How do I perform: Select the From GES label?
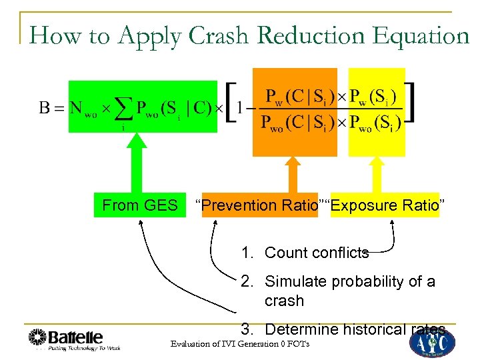click(x=140, y=205)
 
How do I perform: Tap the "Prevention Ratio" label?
click(x=257, y=205)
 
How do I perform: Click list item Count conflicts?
click(x=316, y=253)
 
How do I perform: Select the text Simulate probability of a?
click(x=349, y=281)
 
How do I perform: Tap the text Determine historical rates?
click(x=355, y=329)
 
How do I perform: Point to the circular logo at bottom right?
click(x=432, y=342)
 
